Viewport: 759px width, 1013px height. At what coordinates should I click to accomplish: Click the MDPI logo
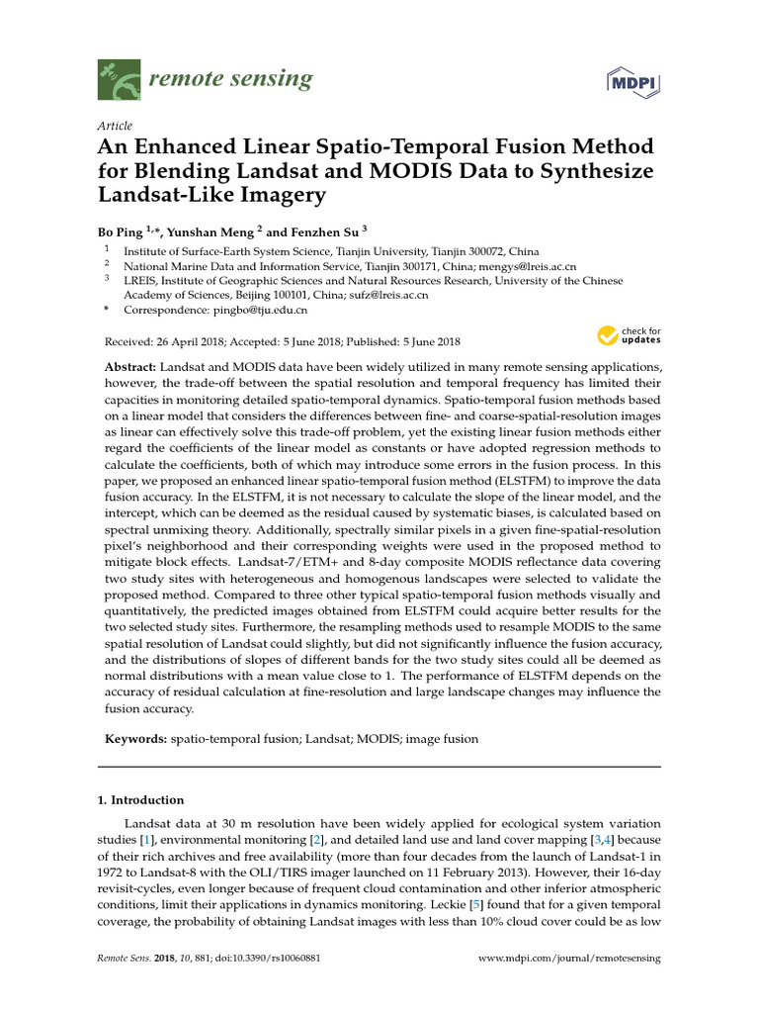(632, 83)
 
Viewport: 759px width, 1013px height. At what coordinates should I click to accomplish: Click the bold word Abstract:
(130, 367)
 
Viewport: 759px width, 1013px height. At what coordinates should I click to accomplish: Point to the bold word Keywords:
(136, 739)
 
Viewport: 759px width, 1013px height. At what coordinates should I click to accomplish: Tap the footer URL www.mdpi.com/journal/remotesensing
(569, 959)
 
